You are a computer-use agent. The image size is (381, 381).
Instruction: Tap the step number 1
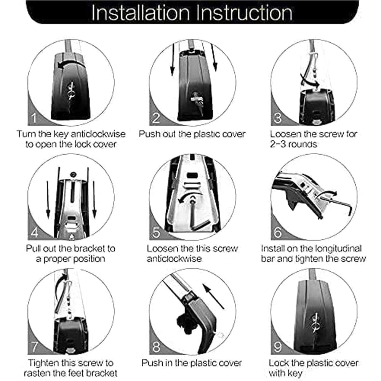(x=34, y=118)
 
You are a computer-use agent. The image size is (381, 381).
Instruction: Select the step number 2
(x=156, y=118)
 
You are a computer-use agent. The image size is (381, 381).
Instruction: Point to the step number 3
(x=277, y=118)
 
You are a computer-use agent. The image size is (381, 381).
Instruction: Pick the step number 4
(x=35, y=232)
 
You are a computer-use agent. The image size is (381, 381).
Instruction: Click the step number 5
(x=156, y=232)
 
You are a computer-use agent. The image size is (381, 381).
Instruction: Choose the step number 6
(x=277, y=232)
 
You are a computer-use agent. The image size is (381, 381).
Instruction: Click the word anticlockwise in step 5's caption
(x=174, y=259)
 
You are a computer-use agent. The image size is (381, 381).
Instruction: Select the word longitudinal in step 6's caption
(x=331, y=249)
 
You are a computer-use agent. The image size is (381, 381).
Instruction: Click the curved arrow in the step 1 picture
(x=71, y=64)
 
